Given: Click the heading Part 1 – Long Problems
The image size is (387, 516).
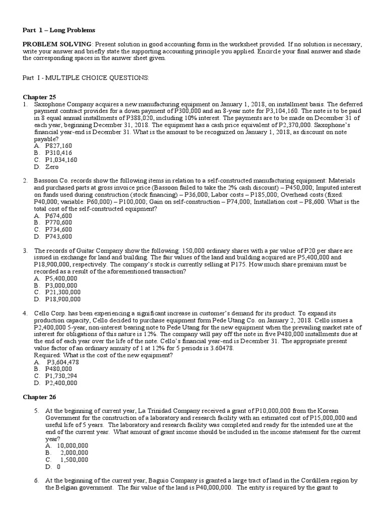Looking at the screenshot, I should pyautogui.click(x=59, y=30).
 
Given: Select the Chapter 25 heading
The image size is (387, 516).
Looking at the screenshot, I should pyautogui.click(x=39, y=96).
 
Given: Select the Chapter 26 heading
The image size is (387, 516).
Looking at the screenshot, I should pyautogui.click(x=39, y=397).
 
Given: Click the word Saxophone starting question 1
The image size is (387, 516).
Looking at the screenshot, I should pyautogui.click(x=50, y=103).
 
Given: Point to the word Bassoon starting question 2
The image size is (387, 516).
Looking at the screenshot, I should pyautogui.click(x=47, y=180).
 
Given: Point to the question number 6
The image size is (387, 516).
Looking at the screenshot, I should pyautogui.click(x=37, y=481).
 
